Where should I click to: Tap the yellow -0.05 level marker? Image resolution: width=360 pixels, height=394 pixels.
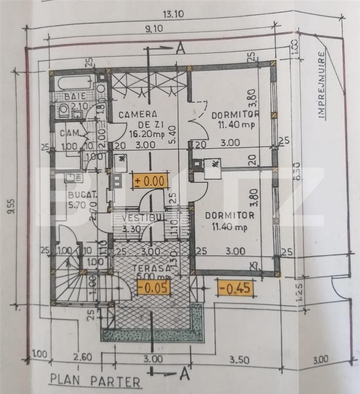click(x=154, y=287)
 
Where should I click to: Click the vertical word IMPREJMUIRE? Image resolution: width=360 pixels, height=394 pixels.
click(x=321, y=85)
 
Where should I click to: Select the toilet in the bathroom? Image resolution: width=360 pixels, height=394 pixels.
click(x=64, y=110)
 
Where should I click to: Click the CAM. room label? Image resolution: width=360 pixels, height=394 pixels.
click(x=70, y=133)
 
